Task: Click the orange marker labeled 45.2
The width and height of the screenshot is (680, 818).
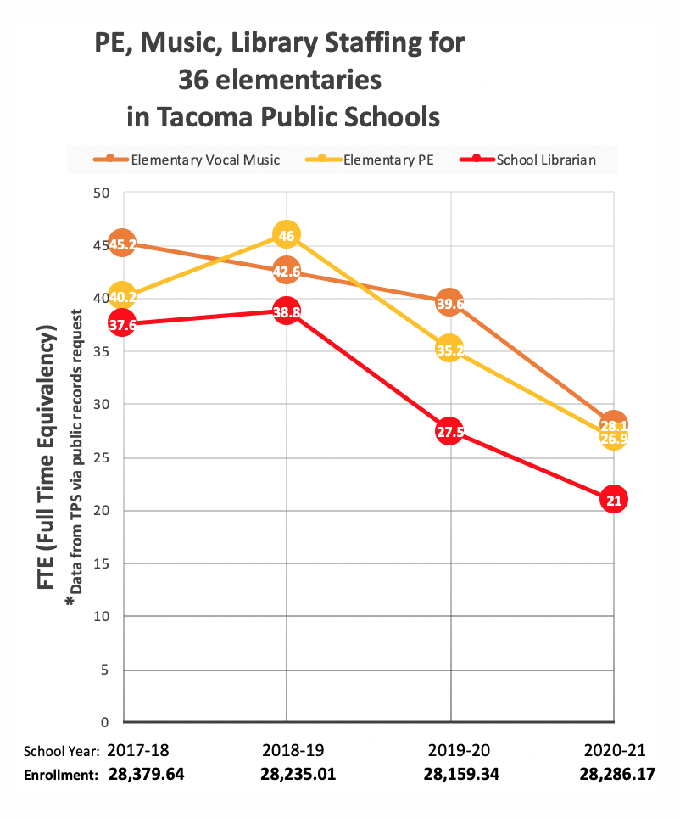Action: point(122,244)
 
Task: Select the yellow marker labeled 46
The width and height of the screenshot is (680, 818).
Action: point(287,235)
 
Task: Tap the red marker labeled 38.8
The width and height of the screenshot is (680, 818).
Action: point(287,311)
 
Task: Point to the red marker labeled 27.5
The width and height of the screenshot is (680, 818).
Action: point(449,432)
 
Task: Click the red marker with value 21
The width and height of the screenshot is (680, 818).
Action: point(614,500)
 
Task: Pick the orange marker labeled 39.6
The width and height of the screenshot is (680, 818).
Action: point(449,303)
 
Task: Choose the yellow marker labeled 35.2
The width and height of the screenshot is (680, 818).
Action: point(449,349)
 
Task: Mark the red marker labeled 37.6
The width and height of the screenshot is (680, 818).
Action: point(122,324)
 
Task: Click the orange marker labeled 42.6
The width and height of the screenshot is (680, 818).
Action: point(287,272)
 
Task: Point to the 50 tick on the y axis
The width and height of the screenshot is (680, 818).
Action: point(103,193)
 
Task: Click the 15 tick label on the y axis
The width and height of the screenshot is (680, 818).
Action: point(103,563)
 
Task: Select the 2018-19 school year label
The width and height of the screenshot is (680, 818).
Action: point(287,750)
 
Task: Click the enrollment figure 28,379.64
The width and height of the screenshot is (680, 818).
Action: point(146,774)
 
